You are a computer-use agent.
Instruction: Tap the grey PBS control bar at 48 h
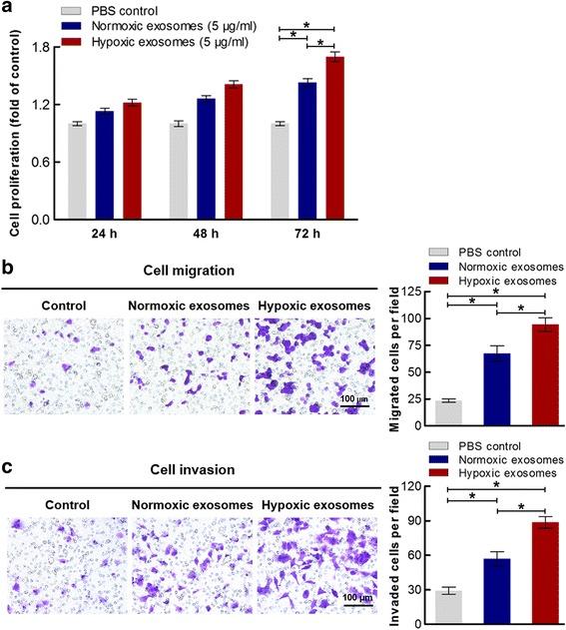(x=179, y=171)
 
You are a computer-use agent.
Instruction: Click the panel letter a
(x=8, y=8)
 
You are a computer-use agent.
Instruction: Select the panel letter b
(x=8, y=268)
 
